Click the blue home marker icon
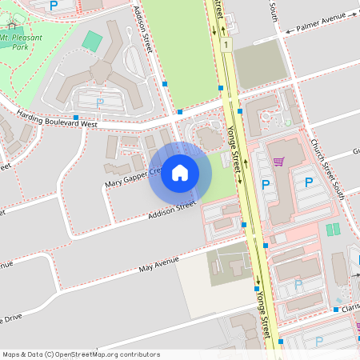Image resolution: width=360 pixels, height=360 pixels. point(180,173)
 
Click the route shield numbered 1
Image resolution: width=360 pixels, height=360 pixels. point(227,45)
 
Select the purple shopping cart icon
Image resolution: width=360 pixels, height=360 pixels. point(278,162)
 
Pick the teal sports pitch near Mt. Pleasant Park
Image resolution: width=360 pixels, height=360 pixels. point(93,40)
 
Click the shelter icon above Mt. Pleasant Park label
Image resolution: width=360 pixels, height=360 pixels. point(10,26)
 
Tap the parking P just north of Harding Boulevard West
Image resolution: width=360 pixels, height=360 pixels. point(100,102)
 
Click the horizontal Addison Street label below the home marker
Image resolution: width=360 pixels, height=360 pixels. point(172,210)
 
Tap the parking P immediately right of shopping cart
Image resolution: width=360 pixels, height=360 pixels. point(309,182)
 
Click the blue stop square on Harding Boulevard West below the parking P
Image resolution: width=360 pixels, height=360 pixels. point(75,117)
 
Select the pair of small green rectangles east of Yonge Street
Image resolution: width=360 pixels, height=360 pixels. point(333,229)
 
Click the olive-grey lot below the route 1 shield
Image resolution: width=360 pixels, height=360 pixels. point(259,65)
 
